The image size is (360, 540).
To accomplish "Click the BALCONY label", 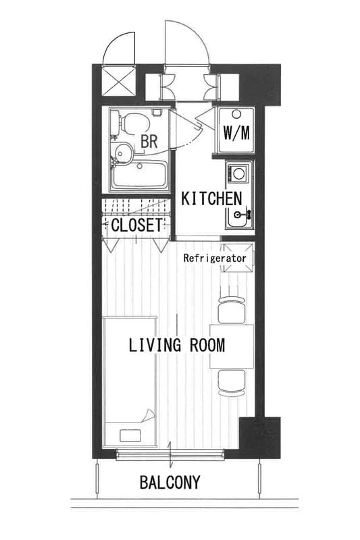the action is click(x=170, y=482).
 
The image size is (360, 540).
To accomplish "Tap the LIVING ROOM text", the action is click(x=177, y=345).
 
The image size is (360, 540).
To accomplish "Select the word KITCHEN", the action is click(x=211, y=198).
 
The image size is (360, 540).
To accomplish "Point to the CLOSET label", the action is click(x=136, y=225).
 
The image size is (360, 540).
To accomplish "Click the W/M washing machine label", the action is click(x=236, y=132).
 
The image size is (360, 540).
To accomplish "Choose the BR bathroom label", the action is click(x=149, y=141).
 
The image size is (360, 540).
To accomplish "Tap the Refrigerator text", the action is click(x=215, y=258).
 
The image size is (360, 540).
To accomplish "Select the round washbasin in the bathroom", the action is click(x=124, y=153).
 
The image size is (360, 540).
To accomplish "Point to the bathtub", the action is click(x=139, y=175).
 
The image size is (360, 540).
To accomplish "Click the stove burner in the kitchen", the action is click(x=238, y=173).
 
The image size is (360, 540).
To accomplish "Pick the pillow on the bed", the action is click(x=130, y=435).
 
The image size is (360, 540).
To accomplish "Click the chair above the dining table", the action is click(x=232, y=309).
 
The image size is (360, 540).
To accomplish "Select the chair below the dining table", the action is click(x=232, y=383).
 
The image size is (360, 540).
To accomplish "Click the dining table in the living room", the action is click(x=232, y=346).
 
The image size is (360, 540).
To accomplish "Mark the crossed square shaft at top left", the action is click(x=119, y=81).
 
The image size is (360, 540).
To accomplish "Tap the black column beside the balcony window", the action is click(x=260, y=437).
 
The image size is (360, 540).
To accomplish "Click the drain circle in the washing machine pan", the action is click(x=236, y=113).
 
